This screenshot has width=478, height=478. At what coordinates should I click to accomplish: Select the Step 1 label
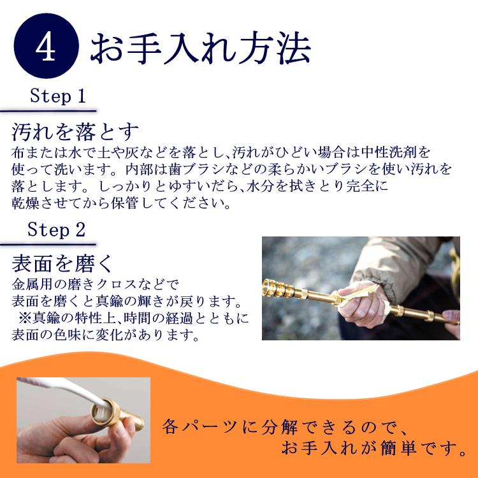pyautogui.click(x=57, y=98)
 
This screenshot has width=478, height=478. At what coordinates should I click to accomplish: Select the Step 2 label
pyautogui.click(x=57, y=230)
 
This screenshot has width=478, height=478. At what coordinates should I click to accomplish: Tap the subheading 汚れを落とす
pyautogui.click(x=75, y=133)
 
